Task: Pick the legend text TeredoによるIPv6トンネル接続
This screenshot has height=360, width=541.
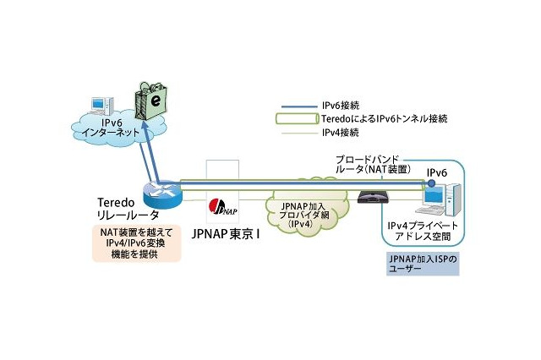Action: click(377, 118)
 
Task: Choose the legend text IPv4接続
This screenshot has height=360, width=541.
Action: click(342, 133)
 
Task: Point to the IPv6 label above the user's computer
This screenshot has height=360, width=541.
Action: click(437, 172)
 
